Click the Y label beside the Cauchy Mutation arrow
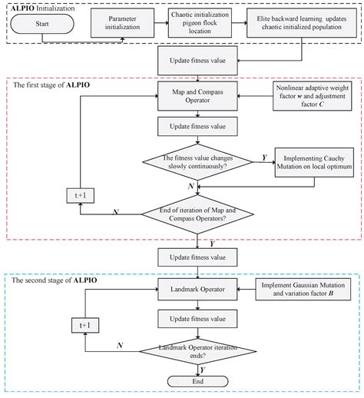coord(264,157)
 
